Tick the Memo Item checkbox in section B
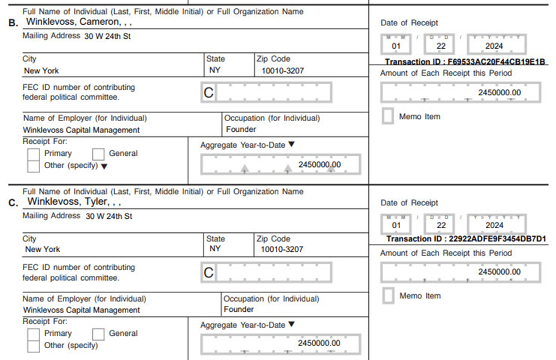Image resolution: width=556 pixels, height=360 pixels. (388, 116)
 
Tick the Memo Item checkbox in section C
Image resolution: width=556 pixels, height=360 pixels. (388, 296)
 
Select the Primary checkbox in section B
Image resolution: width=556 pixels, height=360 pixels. (34, 154)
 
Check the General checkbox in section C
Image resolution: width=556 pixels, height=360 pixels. (99, 334)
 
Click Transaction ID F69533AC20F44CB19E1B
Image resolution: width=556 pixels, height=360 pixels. (465, 62)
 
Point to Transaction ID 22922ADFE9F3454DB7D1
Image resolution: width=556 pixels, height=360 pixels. (466, 239)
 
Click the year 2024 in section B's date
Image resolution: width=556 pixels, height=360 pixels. (495, 46)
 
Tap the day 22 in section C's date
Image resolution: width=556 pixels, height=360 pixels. (441, 225)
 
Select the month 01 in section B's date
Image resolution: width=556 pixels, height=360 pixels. (397, 46)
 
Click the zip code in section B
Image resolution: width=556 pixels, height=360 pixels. (282, 71)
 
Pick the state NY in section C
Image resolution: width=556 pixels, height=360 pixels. (215, 249)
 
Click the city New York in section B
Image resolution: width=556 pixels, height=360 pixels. (41, 71)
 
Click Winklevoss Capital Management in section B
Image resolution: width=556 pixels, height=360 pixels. (81, 130)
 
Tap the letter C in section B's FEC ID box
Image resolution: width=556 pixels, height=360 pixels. (209, 93)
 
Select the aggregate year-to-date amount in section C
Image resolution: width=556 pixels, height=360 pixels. (319, 344)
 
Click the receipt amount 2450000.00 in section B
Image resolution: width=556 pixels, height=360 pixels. (499, 93)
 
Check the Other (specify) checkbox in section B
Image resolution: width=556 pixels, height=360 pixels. (34, 166)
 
